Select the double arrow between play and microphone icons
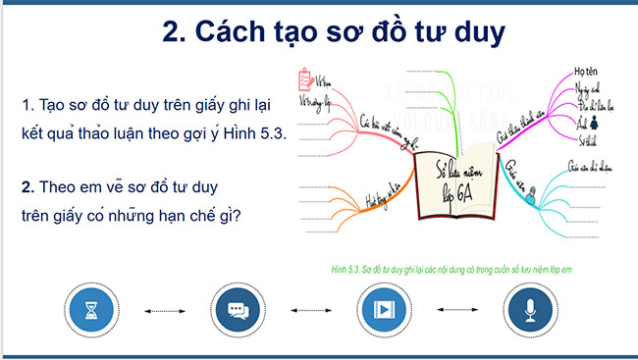pyautogui.click(x=456, y=312)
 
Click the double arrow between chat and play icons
pyautogui.click(x=310, y=312)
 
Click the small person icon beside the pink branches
pyautogui.click(x=594, y=125)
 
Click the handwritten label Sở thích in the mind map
pyautogui.click(x=588, y=141)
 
